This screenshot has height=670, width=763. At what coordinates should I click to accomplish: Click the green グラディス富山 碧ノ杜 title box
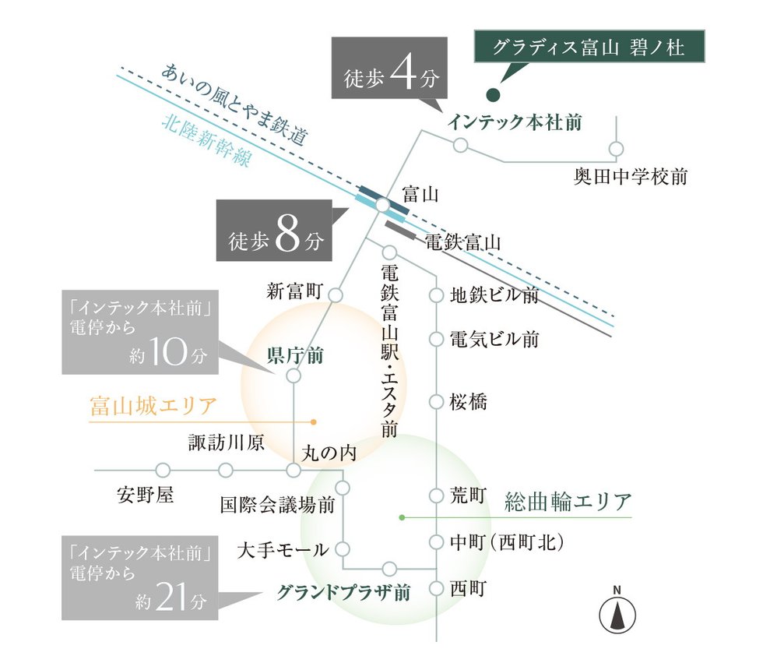589,46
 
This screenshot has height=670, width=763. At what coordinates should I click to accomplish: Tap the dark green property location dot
493,95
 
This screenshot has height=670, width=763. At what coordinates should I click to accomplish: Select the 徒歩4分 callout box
389,68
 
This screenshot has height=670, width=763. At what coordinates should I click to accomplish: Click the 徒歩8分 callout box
274,231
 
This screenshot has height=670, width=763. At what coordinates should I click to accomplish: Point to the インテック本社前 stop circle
460,145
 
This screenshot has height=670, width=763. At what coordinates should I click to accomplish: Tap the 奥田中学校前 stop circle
616,149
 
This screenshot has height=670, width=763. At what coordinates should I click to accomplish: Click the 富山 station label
421,195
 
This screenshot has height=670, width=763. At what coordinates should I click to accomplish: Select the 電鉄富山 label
462,242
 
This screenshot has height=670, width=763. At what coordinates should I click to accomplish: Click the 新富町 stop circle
336,295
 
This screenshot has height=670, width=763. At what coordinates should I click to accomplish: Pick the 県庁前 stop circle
294,376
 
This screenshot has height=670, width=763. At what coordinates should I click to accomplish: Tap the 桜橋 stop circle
436,402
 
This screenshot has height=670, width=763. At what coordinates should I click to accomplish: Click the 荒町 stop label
468,495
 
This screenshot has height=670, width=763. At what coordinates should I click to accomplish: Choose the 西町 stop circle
436,588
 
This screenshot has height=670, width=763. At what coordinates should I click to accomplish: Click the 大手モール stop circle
343,549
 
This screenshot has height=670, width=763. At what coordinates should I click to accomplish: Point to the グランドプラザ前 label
344,593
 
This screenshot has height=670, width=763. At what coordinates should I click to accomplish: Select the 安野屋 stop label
146,495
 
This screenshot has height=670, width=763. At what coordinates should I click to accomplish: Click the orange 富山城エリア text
153,406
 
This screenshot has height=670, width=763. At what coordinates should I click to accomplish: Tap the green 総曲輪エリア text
568,502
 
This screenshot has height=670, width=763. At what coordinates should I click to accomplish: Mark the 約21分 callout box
139,578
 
